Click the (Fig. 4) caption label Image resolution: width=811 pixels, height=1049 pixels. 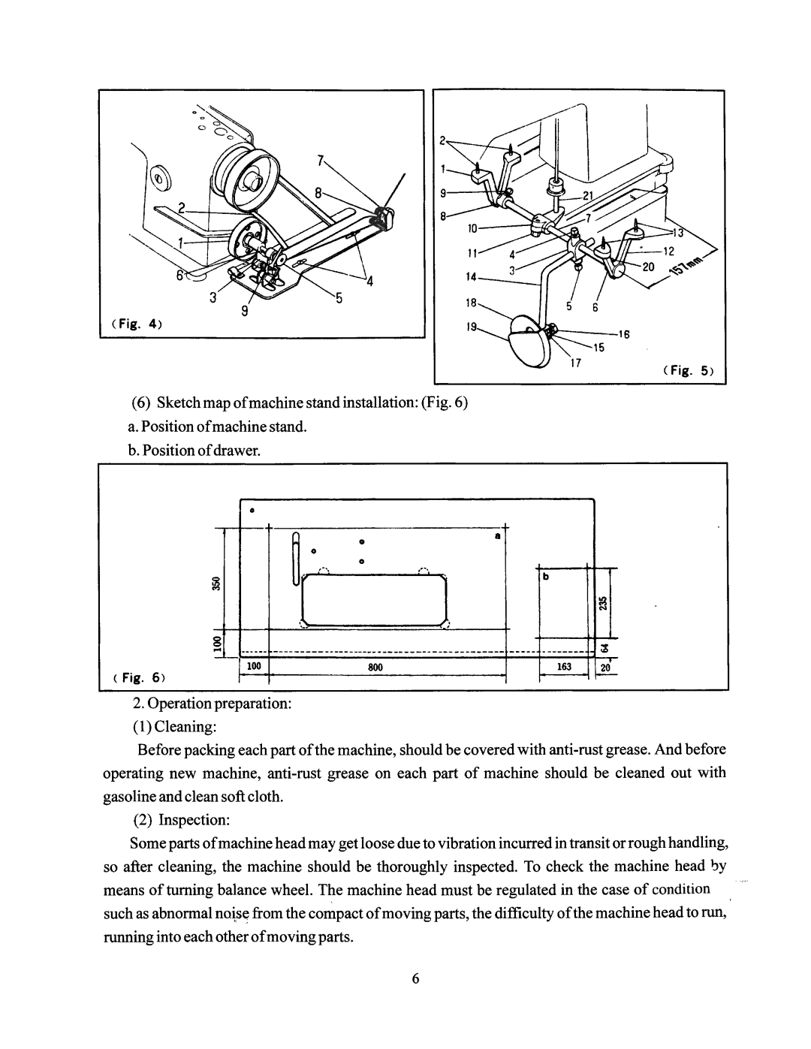click(x=137, y=324)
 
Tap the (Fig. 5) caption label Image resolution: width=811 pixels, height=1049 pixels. click(x=688, y=371)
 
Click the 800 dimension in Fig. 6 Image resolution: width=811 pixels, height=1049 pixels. click(x=375, y=667)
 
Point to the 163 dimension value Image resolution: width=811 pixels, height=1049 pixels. click(x=564, y=667)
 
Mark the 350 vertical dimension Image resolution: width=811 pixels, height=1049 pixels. click(x=217, y=583)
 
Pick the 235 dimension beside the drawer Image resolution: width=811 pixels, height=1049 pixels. click(x=602, y=604)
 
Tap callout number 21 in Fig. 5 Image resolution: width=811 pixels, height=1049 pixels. click(x=588, y=195)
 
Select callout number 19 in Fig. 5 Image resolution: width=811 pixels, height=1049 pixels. click(x=471, y=327)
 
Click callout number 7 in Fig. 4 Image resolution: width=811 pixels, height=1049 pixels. click(x=321, y=160)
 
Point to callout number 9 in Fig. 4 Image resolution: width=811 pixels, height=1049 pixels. click(x=245, y=312)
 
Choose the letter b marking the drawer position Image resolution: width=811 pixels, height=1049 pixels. click(x=546, y=577)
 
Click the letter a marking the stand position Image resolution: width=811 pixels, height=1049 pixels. click(x=498, y=536)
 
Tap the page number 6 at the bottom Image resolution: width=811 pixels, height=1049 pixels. click(x=416, y=978)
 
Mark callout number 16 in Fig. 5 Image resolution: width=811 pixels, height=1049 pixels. click(x=624, y=334)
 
